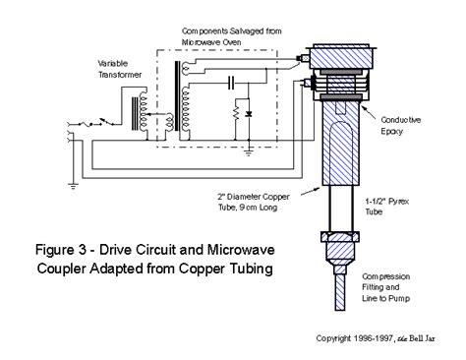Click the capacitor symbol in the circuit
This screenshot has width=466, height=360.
pyautogui.click(x=231, y=83)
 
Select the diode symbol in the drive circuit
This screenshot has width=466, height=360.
pyautogui.click(x=249, y=114)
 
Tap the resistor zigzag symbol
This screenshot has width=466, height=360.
pyautogui.click(x=236, y=113)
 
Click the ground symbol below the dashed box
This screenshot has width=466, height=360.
pyautogui.click(x=249, y=151)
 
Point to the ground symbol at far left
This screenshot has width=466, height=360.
pyautogui.click(x=73, y=186)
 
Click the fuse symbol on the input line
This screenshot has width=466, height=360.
pyautogui.click(x=86, y=124)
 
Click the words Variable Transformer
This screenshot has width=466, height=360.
pyautogui.click(x=120, y=69)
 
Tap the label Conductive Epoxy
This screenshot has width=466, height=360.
pyautogui.click(x=400, y=126)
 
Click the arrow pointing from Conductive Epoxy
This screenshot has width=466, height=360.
pyautogui.click(x=369, y=112)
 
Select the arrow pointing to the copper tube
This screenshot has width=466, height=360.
pyautogui.click(x=311, y=191)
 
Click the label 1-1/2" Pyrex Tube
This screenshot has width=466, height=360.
pyautogui.click(x=386, y=207)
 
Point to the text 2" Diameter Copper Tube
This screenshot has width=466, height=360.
pyautogui.click(x=254, y=202)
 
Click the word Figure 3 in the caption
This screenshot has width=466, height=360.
pyautogui.click(x=60, y=250)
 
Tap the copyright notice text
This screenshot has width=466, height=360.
pyautogui.click(x=376, y=338)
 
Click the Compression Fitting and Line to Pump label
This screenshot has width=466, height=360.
pyautogui.click(x=385, y=287)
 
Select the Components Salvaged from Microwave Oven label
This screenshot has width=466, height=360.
pyautogui.click(x=231, y=36)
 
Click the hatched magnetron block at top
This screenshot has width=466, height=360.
pyautogui.click(x=342, y=59)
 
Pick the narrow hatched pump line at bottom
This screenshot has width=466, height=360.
pyautogui.click(x=340, y=292)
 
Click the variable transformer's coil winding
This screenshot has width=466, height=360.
pyautogui.click(x=143, y=110)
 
